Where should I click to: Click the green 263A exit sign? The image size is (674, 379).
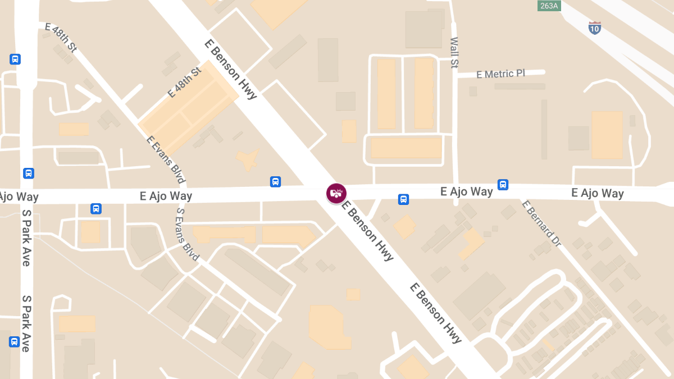click(548, 5)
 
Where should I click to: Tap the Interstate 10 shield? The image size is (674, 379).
click(595, 28)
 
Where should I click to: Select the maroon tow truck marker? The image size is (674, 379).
click(336, 193)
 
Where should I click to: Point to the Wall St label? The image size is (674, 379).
click(454, 53)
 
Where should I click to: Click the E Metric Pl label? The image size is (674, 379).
click(500, 74)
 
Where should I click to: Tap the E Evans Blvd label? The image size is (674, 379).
click(166, 159)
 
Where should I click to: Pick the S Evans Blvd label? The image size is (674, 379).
click(188, 235)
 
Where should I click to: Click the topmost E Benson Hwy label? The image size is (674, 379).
click(230, 69)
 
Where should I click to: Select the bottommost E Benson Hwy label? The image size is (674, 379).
click(436, 313)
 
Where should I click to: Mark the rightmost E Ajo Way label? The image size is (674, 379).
click(598, 193)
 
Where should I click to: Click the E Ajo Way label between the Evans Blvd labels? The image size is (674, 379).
click(166, 196)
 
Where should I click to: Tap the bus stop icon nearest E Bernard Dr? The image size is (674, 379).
click(503, 184)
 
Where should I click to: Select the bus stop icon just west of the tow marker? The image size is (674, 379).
click(275, 181)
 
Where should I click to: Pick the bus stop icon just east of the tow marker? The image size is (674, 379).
click(403, 199)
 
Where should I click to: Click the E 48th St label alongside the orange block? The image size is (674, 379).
click(184, 83)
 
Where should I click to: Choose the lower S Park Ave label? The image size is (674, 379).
click(26, 323)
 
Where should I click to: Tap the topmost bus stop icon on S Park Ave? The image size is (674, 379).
click(15, 59)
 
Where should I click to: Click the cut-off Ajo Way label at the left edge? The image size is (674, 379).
click(19, 197)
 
